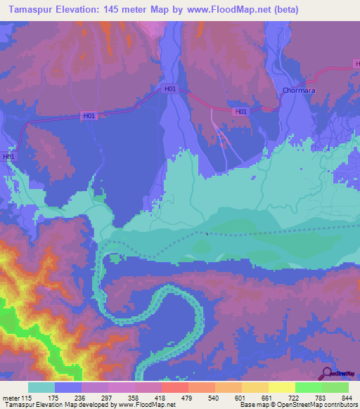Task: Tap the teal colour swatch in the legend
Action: tap(41, 387)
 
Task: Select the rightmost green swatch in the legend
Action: tap(335, 387)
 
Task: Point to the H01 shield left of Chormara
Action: tap(240, 111)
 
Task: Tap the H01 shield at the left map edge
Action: tap(8, 157)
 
